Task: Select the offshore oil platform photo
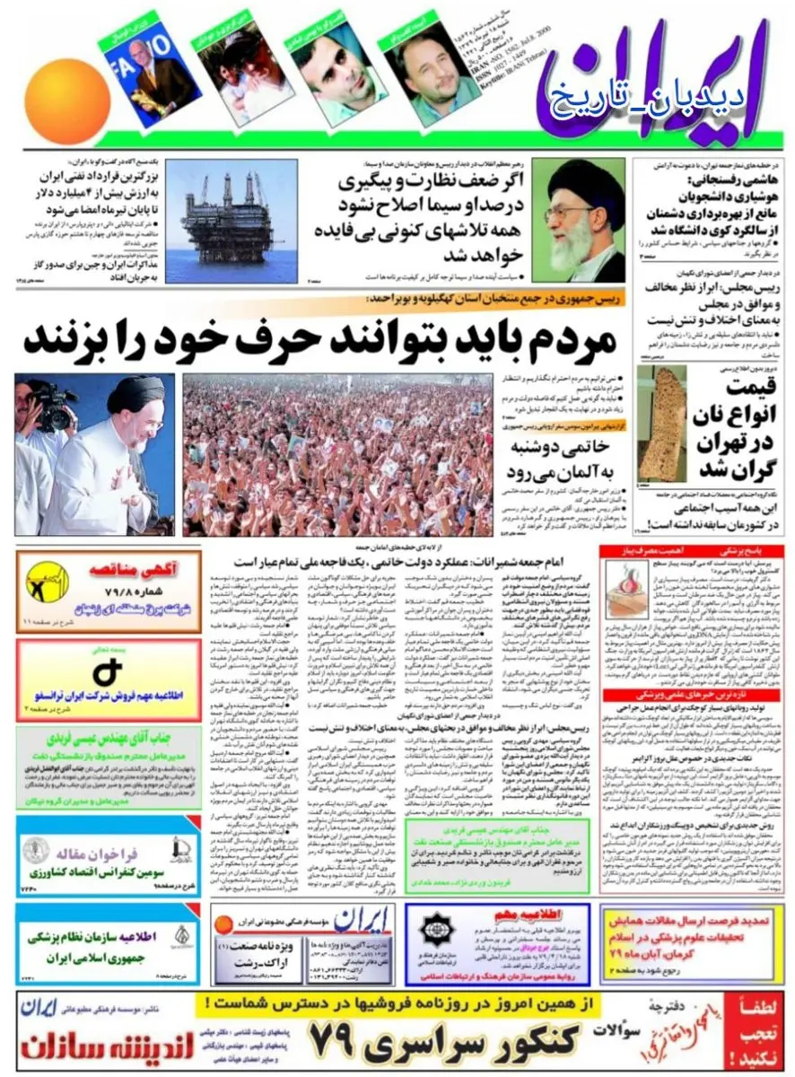pyautogui.click(x=232, y=222)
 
